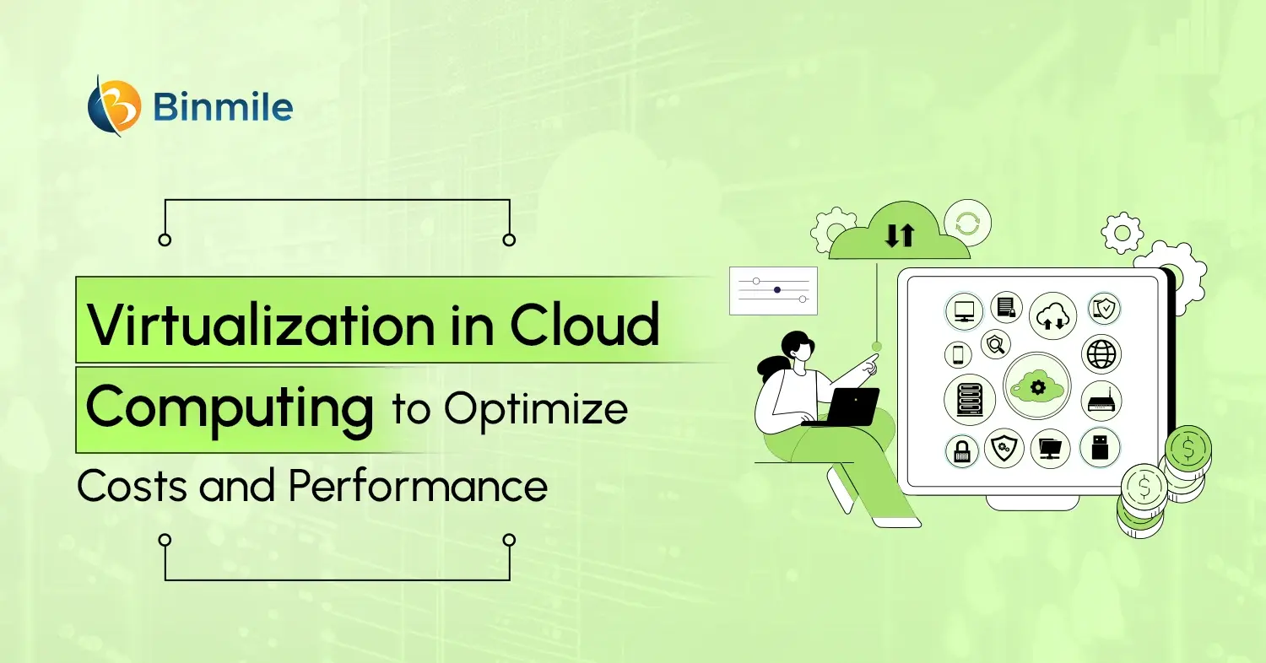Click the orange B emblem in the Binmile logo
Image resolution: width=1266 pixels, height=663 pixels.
tap(114, 107)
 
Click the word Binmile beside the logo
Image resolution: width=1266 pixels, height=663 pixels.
tap(225, 108)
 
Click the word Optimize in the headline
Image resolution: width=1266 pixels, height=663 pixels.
tap(537, 410)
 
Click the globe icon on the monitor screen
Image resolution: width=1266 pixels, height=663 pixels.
tap(1101, 354)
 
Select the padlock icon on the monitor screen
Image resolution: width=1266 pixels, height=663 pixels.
tap(961, 450)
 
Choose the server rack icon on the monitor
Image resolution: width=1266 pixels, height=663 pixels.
tap(965, 399)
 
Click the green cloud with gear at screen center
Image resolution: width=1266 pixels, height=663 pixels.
tap(1037, 386)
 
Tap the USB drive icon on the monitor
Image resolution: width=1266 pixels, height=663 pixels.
tap(1100, 447)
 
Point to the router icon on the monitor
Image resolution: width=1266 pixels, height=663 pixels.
tap(1101, 400)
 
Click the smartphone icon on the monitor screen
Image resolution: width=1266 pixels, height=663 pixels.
tap(958, 355)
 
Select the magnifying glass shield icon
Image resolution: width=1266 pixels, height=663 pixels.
tap(997, 343)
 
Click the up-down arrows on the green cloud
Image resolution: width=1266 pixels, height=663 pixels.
tap(899, 235)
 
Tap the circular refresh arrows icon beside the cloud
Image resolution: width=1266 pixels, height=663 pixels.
tap(967, 224)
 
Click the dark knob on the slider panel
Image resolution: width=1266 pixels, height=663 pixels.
tap(776, 289)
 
